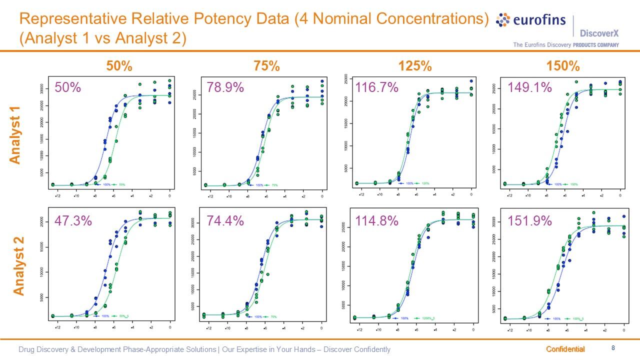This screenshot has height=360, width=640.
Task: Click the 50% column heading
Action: [x=119, y=66]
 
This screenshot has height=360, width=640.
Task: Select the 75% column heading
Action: [x=267, y=66]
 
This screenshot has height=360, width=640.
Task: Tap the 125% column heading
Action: [x=414, y=66]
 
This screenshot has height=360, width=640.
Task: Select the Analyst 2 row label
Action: [x=18, y=266]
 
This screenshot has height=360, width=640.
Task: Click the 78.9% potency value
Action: [x=225, y=87]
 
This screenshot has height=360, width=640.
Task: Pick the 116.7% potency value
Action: [x=376, y=87]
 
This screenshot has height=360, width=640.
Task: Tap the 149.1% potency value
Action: [x=529, y=87]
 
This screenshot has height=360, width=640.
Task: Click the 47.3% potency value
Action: [x=73, y=220]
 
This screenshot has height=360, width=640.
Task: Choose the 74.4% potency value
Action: [x=225, y=220]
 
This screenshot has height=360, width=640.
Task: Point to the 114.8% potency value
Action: [x=376, y=220]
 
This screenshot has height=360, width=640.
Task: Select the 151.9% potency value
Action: [x=529, y=220]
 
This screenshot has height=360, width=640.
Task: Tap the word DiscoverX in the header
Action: [x=599, y=33]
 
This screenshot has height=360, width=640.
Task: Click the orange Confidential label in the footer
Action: [x=565, y=349]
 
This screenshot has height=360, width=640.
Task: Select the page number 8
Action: [x=613, y=348]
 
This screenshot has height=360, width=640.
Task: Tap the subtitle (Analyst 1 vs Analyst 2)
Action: [x=102, y=38]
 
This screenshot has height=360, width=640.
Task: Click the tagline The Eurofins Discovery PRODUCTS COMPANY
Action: [x=566, y=45]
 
